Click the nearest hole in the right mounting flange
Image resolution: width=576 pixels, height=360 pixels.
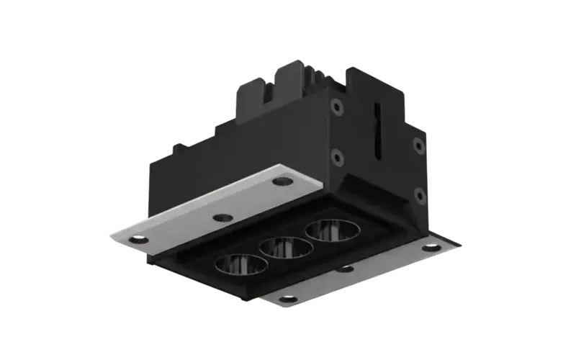(289, 298)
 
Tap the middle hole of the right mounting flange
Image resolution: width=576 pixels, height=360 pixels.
(348, 269)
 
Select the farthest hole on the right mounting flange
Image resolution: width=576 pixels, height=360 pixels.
(431, 248)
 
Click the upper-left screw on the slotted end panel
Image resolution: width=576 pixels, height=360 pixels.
(336, 106)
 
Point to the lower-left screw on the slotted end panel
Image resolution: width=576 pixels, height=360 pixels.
(336, 156)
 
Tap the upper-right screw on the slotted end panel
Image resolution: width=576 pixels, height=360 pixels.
(418, 145)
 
